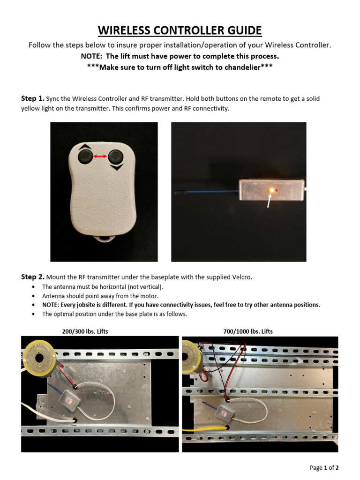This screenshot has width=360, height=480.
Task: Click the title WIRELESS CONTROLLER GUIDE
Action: coord(180,31)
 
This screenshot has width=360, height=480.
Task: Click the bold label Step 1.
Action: coord(32,98)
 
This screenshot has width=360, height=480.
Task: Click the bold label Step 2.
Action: coord(32,277)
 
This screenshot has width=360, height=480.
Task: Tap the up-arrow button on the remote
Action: coord(85,157)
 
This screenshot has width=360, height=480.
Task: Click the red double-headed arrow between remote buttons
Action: coord(100,157)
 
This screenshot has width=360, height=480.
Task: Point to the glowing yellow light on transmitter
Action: coord(270,190)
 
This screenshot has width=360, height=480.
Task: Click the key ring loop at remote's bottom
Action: coord(104,239)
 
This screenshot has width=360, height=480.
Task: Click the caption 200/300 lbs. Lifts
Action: coord(85,331)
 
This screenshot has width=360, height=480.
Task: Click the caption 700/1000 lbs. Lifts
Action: coord(248,331)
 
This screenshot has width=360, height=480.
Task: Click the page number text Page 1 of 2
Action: coord(324,467)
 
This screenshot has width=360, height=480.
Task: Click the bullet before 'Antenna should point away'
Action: coord(32,296)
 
